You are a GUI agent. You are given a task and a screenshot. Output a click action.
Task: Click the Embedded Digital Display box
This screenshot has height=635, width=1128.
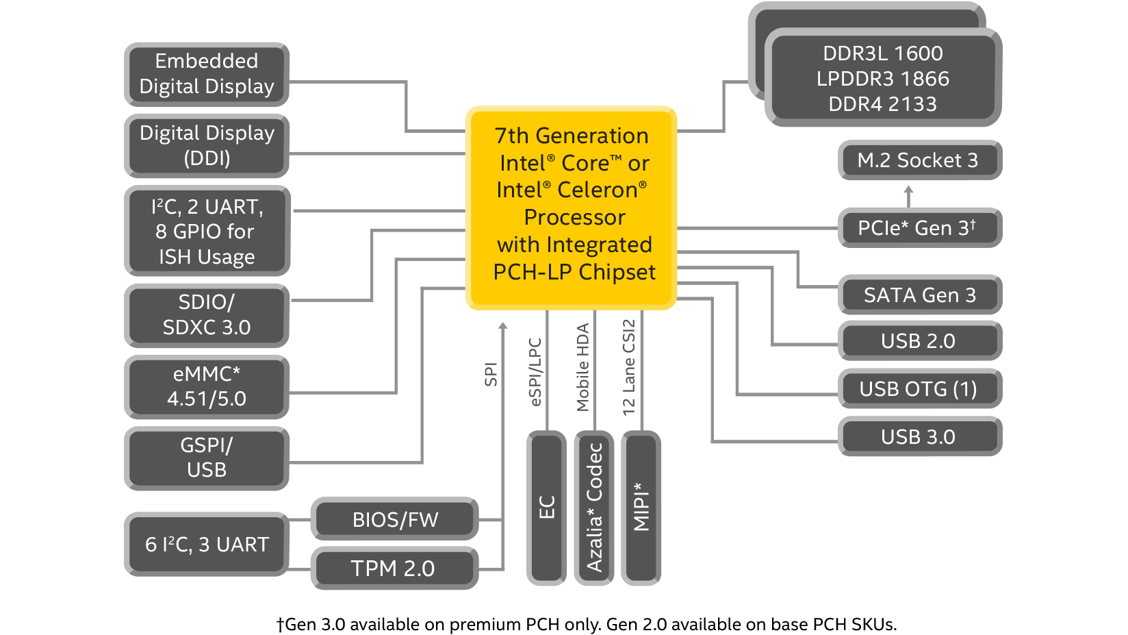click(206, 74)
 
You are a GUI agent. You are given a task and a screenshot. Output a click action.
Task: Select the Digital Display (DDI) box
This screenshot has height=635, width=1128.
click(206, 145)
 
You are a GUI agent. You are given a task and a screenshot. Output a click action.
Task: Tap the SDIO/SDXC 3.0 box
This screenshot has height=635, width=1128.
click(206, 314)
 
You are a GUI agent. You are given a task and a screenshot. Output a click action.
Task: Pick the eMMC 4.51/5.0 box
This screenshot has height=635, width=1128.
click(206, 386)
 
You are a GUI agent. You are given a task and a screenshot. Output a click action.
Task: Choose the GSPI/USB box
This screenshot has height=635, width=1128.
click(206, 458)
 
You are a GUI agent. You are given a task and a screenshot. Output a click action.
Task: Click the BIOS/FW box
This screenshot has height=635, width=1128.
click(394, 519)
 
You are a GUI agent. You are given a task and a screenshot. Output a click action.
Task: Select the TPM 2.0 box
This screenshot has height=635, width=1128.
click(394, 568)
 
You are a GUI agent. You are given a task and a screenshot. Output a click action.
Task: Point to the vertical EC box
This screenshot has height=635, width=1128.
click(546, 508)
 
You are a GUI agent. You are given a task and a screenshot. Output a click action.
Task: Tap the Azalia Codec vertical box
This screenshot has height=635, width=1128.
click(594, 508)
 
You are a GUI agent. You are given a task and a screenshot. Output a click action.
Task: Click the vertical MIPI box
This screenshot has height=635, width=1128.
click(641, 508)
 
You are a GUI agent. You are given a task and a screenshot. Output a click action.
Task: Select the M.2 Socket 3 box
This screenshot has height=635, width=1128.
click(919, 160)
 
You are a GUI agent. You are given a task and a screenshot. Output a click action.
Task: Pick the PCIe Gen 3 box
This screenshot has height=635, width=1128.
click(919, 227)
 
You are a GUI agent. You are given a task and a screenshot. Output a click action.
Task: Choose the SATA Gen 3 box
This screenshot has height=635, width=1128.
click(919, 295)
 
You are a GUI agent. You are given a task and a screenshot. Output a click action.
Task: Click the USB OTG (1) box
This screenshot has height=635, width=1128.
click(919, 389)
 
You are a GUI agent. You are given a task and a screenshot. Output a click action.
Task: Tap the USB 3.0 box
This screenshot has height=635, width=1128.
click(919, 437)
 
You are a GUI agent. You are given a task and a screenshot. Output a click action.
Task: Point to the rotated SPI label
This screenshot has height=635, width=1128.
click(491, 374)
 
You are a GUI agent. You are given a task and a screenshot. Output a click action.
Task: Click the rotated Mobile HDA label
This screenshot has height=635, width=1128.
click(582, 367)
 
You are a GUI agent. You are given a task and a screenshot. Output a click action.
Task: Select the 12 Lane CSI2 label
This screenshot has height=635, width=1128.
click(629, 367)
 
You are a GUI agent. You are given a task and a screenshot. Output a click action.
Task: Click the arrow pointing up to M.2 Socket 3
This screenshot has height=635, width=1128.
click(908, 196)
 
